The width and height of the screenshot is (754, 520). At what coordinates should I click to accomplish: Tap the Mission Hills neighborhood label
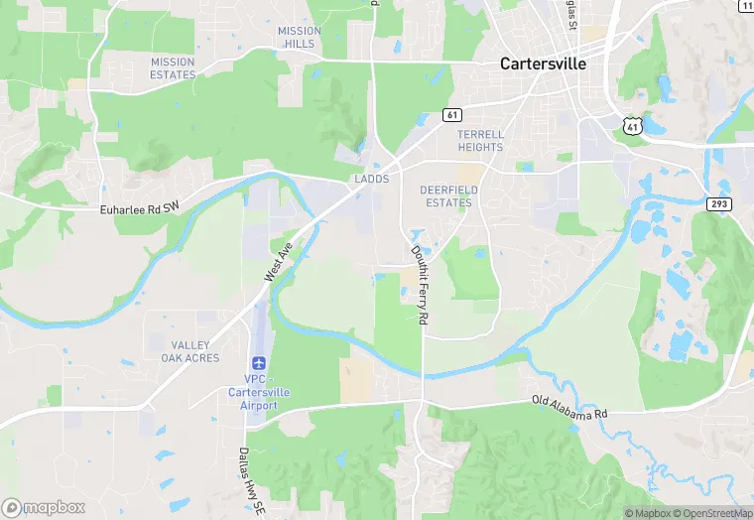(299, 37)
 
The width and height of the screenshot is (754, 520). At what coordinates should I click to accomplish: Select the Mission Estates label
(173, 67)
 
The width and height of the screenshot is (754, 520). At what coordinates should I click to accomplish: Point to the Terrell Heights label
(480, 140)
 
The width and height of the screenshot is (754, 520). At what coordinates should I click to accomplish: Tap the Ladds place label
(371, 179)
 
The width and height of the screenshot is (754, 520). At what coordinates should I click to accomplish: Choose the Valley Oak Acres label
(189, 350)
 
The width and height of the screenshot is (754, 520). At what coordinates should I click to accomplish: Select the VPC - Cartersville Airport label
(259, 392)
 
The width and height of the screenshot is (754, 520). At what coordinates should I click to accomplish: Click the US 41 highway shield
(633, 125)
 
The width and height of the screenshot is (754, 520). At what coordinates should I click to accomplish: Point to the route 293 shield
(719, 203)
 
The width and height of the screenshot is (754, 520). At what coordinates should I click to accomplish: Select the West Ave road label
(279, 261)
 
